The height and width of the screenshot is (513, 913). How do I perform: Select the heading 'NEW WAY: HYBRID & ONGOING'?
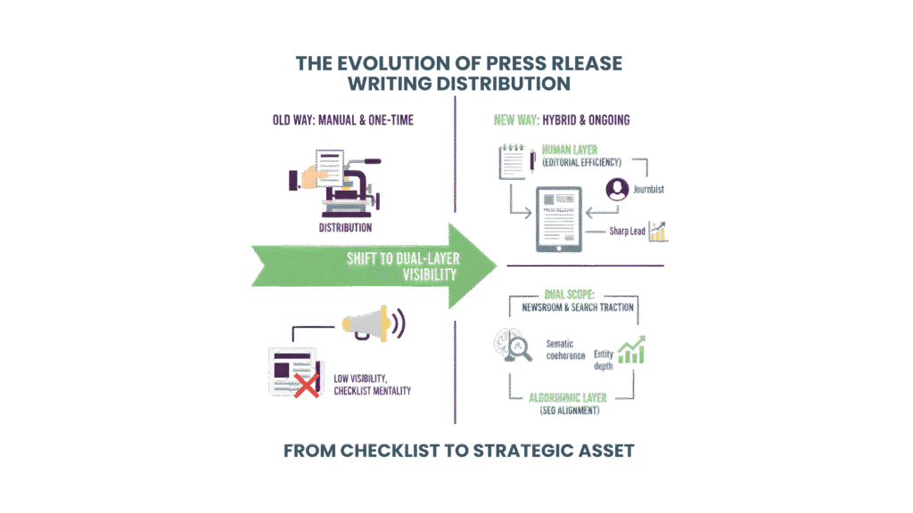[562, 120]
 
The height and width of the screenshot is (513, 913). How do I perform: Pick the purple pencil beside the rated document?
[532, 159]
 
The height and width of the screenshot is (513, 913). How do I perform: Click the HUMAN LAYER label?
[571, 150]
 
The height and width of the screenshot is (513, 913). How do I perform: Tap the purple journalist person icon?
[616, 190]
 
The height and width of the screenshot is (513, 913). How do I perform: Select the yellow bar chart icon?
[658, 232]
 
